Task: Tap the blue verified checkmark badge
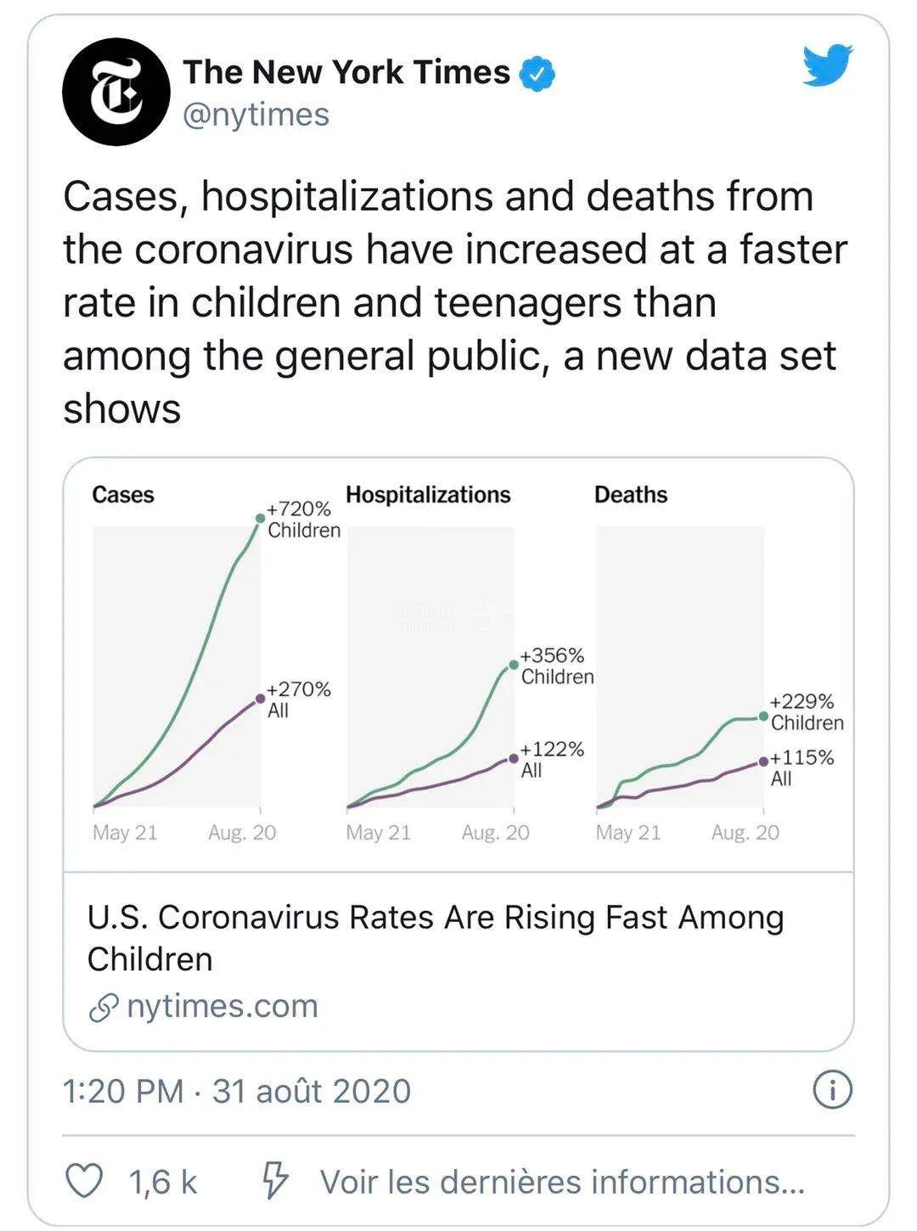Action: pyautogui.click(x=537, y=74)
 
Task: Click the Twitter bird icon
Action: pyautogui.click(x=828, y=66)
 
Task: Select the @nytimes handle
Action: pyautogui.click(x=256, y=115)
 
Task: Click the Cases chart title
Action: pyautogui.click(x=123, y=495)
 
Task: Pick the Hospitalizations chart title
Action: pyautogui.click(x=428, y=495)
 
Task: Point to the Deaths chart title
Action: pyautogui.click(x=631, y=495)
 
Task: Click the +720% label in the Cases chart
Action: pyautogui.click(x=299, y=509)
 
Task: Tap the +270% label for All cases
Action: pyautogui.click(x=299, y=689)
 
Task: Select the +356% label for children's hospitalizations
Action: pyautogui.click(x=553, y=655)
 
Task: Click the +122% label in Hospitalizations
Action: pyautogui.click(x=553, y=750)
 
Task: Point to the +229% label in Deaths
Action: pyautogui.click(x=802, y=702)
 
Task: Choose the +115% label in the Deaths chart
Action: pyautogui.click(x=802, y=757)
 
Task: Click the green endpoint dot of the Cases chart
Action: pyautogui.click(x=260, y=518)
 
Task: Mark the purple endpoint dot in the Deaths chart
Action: pyautogui.click(x=763, y=762)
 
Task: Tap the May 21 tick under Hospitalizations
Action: pyautogui.click(x=378, y=833)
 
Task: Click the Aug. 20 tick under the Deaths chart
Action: pyautogui.click(x=745, y=833)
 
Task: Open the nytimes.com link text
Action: pyautogui.click(x=222, y=1006)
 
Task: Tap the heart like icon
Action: pyautogui.click(x=84, y=1181)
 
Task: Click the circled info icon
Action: pyautogui.click(x=832, y=1090)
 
